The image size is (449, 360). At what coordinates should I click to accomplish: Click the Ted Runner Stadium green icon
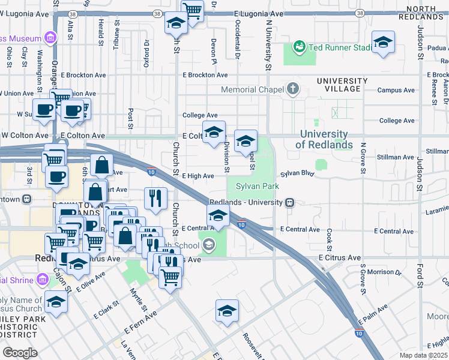pos(299,46)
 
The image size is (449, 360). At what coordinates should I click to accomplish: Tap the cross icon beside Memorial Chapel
pos(293,89)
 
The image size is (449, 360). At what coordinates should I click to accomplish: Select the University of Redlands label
pos(324,139)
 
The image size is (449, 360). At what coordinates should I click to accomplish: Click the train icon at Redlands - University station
pos(289,202)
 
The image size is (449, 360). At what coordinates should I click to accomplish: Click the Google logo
pos(20,352)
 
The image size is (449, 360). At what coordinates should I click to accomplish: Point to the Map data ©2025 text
pos(423,355)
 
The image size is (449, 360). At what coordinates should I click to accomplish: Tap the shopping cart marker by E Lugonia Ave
pos(191,10)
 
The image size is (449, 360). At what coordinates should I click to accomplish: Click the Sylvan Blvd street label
pos(298,173)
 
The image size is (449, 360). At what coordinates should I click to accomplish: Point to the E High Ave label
pos(197,176)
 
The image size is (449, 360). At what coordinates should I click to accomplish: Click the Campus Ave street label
pos(396,90)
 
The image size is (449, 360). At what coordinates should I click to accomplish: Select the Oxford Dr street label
pos(146,55)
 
